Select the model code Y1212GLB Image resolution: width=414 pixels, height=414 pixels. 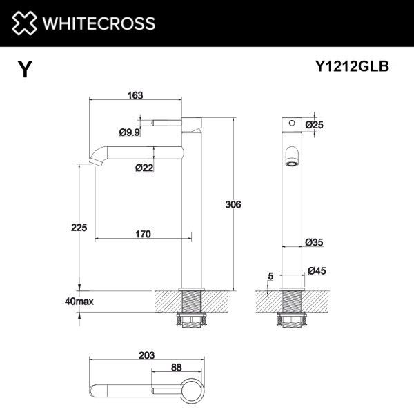352,66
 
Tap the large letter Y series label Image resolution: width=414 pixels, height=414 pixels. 25,70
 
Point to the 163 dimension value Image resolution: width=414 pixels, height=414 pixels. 135,96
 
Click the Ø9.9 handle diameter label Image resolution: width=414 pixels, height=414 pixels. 130,132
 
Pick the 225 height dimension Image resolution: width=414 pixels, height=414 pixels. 77,228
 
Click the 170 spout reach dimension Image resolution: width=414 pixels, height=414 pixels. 142,235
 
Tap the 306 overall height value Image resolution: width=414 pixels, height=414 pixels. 235,204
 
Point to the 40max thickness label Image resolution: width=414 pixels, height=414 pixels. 79,302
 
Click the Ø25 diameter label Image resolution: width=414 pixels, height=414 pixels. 315,124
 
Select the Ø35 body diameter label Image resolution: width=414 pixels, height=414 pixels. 315,242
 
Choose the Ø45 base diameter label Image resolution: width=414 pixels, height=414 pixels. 317,271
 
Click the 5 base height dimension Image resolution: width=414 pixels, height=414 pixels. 270,276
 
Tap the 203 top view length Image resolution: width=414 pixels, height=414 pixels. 146,355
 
